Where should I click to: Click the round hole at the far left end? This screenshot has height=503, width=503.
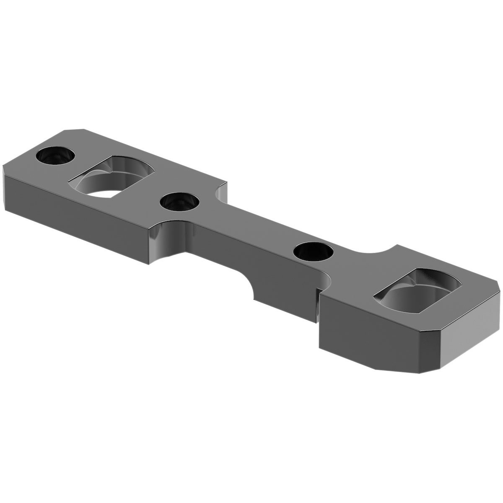click(x=55, y=156)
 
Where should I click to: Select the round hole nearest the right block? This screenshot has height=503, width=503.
click(x=314, y=252)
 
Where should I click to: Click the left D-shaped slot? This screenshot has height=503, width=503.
click(x=112, y=176)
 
